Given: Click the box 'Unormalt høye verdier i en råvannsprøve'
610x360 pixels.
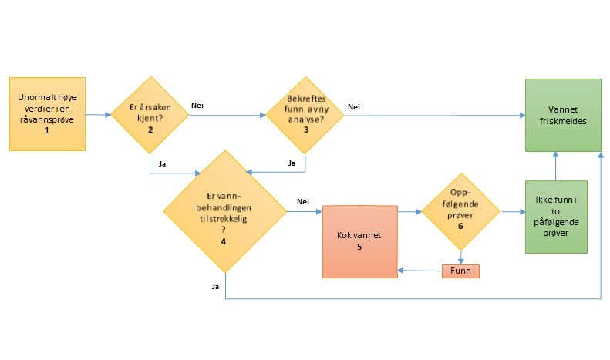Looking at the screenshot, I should pyautogui.click(x=46, y=113).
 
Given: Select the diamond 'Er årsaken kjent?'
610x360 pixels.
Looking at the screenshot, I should pyautogui.click(x=150, y=114).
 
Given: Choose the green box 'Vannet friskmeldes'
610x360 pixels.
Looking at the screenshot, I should pyautogui.click(x=563, y=114).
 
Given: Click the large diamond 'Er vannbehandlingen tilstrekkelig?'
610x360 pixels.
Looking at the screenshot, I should pyautogui.click(x=224, y=210).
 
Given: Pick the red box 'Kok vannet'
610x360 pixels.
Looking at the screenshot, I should pyautogui.click(x=359, y=241).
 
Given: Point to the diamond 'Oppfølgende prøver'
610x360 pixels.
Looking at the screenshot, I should pyautogui.click(x=460, y=210).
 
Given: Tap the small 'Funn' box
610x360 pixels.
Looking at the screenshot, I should pyautogui.click(x=460, y=271).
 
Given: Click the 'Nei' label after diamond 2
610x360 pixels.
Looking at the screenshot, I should pyautogui.click(x=197, y=106).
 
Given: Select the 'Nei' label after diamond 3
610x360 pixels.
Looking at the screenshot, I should pyautogui.click(x=354, y=106).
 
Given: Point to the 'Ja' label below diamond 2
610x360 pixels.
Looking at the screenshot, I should pyautogui.click(x=162, y=163).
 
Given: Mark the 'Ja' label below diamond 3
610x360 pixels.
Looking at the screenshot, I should pyautogui.click(x=292, y=163).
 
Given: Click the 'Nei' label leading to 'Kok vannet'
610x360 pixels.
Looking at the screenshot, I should pyautogui.click(x=303, y=202).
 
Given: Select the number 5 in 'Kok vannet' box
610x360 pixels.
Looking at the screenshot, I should pyautogui.click(x=359, y=247).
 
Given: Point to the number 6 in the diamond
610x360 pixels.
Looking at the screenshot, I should pyautogui.click(x=460, y=227).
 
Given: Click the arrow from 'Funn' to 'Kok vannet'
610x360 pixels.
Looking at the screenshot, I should pyautogui.click(x=420, y=271).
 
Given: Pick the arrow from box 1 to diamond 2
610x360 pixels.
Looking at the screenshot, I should pyautogui.click(x=97, y=115).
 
